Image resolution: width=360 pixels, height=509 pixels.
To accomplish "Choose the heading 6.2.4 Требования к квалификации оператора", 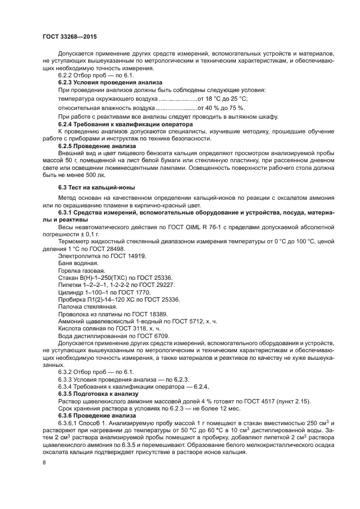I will [119, 124].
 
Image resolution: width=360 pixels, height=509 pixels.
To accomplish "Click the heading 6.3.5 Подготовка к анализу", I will [98, 393].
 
